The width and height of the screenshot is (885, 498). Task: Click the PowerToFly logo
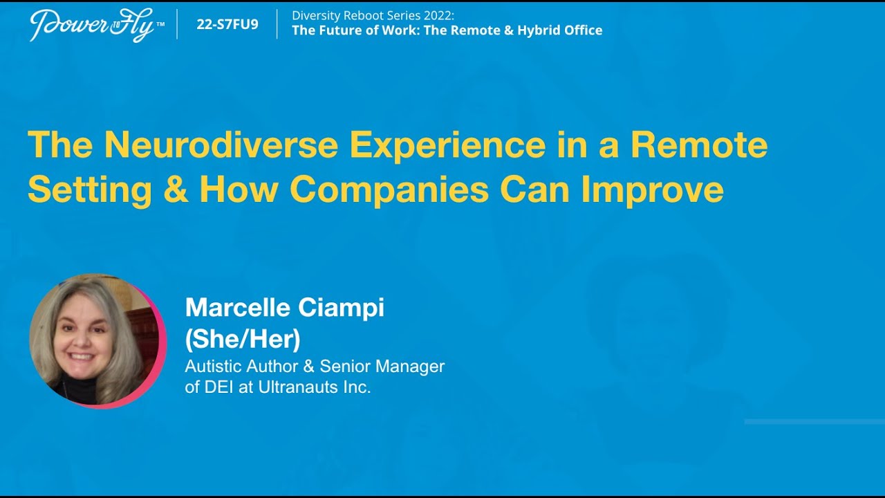coord(97,25)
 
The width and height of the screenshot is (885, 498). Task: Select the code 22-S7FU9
coord(227,24)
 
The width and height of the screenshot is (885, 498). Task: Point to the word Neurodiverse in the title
coord(221,145)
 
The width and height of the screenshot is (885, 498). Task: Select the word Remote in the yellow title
coord(699,145)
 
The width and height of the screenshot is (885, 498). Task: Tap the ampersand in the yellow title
coord(176,189)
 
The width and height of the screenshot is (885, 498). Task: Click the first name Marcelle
coord(238,307)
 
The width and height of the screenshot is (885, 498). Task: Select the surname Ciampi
coord(341,308)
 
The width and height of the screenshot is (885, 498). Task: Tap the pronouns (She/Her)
coord(243,340)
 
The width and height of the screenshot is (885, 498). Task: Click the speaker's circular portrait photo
coord(97,341)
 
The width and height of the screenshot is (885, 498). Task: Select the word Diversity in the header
coord(316,15)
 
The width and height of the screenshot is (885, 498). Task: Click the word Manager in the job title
coord(410,367)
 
